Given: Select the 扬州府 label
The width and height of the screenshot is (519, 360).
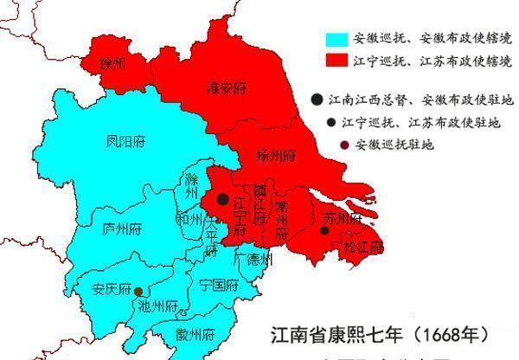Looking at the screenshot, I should (x=277, y=156).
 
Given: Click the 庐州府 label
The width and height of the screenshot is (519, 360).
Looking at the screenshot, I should (x=122, y=229).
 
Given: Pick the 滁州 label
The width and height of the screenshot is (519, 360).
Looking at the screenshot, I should (x=191, y=186).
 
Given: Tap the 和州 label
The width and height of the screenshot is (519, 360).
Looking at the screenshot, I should (x=189, y=218).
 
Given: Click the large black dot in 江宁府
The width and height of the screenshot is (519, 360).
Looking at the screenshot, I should (x=223, y=200).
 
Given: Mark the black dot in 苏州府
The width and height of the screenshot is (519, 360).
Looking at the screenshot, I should (x=324, y=231).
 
